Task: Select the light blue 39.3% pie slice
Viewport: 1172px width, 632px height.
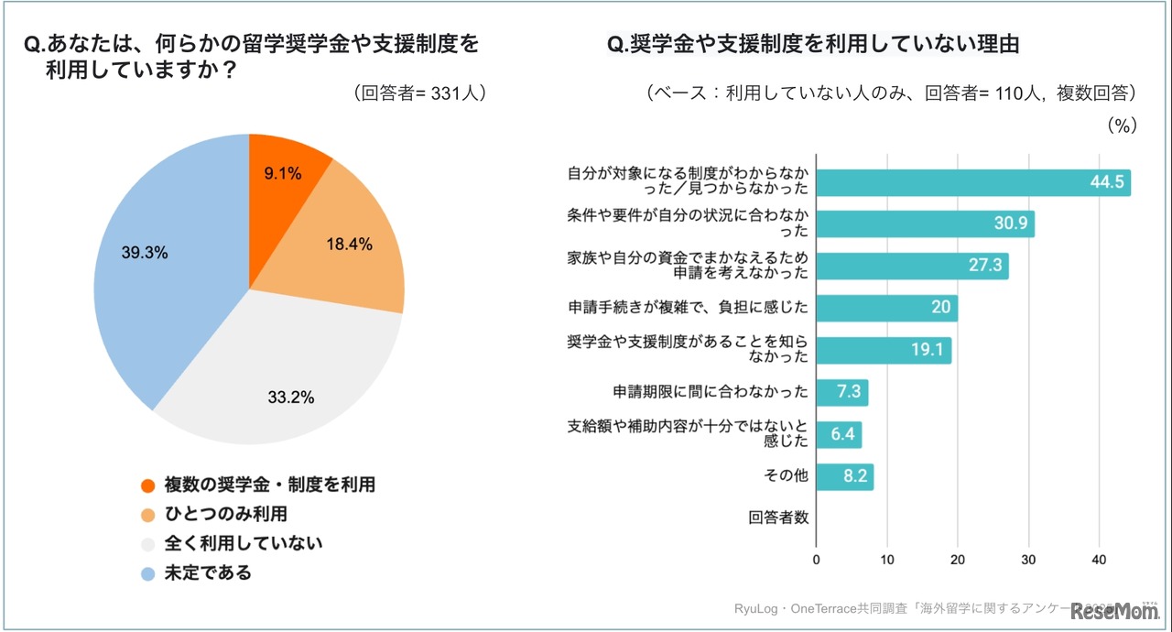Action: click(165, 266)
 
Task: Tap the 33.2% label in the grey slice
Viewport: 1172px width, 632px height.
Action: click(291, 398)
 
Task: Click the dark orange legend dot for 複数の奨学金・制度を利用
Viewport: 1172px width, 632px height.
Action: click(147, 485)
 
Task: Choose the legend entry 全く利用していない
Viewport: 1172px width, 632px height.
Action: click(243, 543)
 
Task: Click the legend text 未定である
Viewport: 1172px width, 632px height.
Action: click(207, 572)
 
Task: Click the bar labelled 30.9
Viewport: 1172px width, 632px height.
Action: click(925, 223)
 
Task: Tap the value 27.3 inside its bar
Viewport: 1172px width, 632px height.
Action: click(984, 267)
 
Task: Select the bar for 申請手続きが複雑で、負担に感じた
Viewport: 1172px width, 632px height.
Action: click(886, 308)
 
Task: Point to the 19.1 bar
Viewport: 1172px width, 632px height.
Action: click(884, 350)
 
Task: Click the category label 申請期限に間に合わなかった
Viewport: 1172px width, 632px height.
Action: click(711, 392)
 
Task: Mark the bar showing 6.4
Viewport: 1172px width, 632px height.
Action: click(839, 434)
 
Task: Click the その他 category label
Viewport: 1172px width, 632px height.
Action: click(786, 476)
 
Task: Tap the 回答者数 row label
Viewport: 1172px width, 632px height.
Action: click(778, 518)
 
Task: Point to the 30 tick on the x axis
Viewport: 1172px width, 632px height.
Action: click(1028, 561)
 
